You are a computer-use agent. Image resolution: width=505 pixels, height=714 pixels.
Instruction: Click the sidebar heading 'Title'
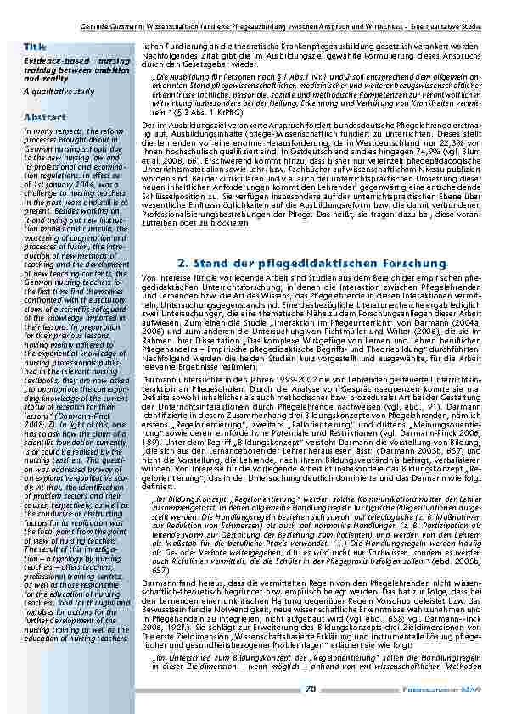tap(35, 44)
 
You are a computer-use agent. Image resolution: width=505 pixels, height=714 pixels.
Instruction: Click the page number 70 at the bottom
tap(311, 688)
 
